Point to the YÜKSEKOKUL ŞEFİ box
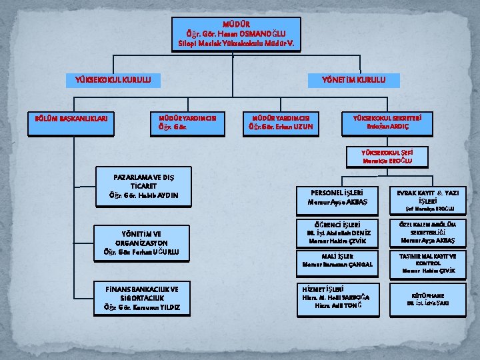387,157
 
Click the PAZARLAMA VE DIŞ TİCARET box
144,186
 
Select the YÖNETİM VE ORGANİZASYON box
144,242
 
